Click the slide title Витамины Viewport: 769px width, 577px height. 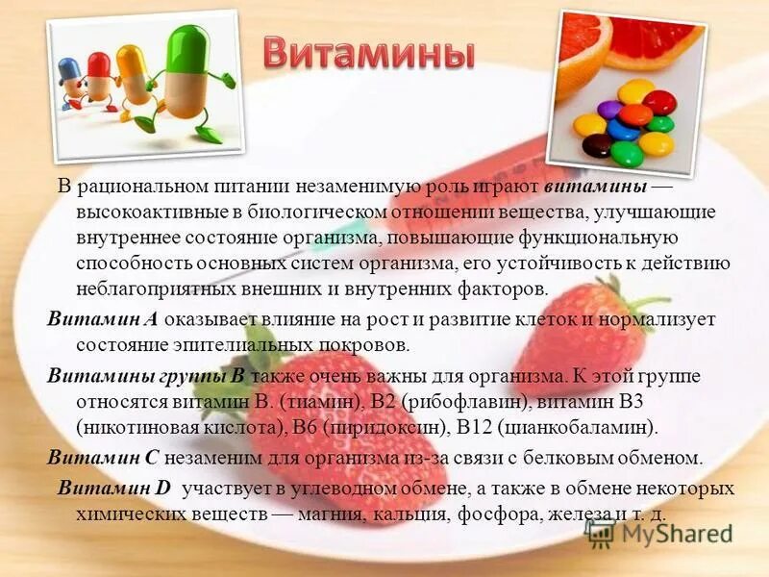(x=369, y=54)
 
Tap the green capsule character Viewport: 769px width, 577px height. (x=192, y=77)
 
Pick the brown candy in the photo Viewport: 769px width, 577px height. (x=598, y=145)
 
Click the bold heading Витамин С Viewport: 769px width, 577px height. (x=102, y=457)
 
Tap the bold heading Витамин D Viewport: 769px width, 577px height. (x=113, y=488)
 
